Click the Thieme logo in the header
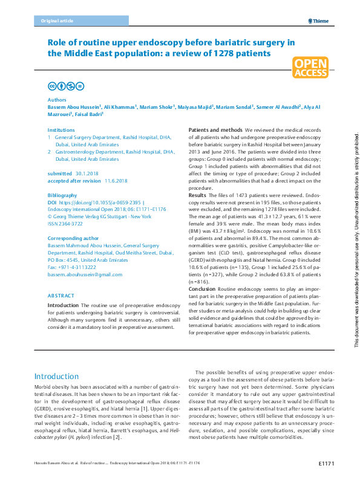[318, 21]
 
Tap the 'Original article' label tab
[57, 21]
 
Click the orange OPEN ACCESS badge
[310, 68]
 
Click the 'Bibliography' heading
[62, 195]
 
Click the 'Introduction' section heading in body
[61, 376]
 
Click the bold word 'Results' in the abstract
[197, 196]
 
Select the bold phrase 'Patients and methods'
[216, 131]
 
